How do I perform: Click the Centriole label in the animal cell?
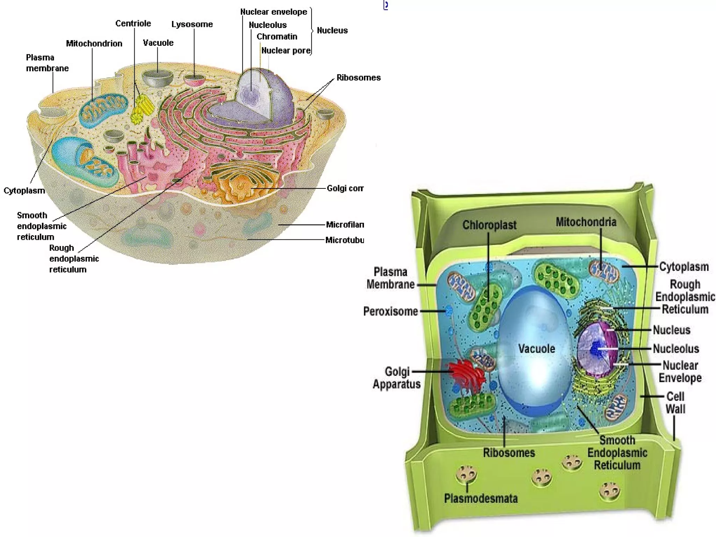click(133, 23)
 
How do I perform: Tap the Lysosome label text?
click(192, 24)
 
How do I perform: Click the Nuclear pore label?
click(286, 51)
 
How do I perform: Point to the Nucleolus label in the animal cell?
click(267, 25)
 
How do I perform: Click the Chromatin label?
click(277, 36)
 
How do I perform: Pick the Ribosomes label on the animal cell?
click(358, 78)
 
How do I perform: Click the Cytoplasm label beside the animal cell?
click(24, 191)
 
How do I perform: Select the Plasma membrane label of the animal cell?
click(47, 63)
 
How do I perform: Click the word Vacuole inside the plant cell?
click(536, 349)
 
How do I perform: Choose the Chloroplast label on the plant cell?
click(489, 225)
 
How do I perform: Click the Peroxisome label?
click(391, 311)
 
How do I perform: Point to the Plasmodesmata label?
click(481, 498)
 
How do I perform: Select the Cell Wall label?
click(675, 403)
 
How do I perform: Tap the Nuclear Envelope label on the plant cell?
click(680, 372)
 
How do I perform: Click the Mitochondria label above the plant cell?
click(586, 222)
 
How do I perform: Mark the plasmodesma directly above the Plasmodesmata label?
click(466, 475)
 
